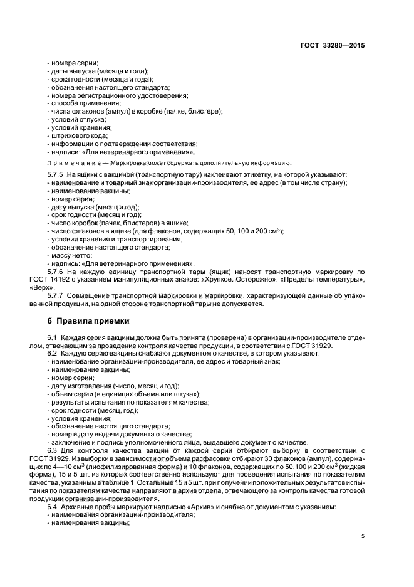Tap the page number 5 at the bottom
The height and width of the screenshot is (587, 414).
click(x=363, y=536)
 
